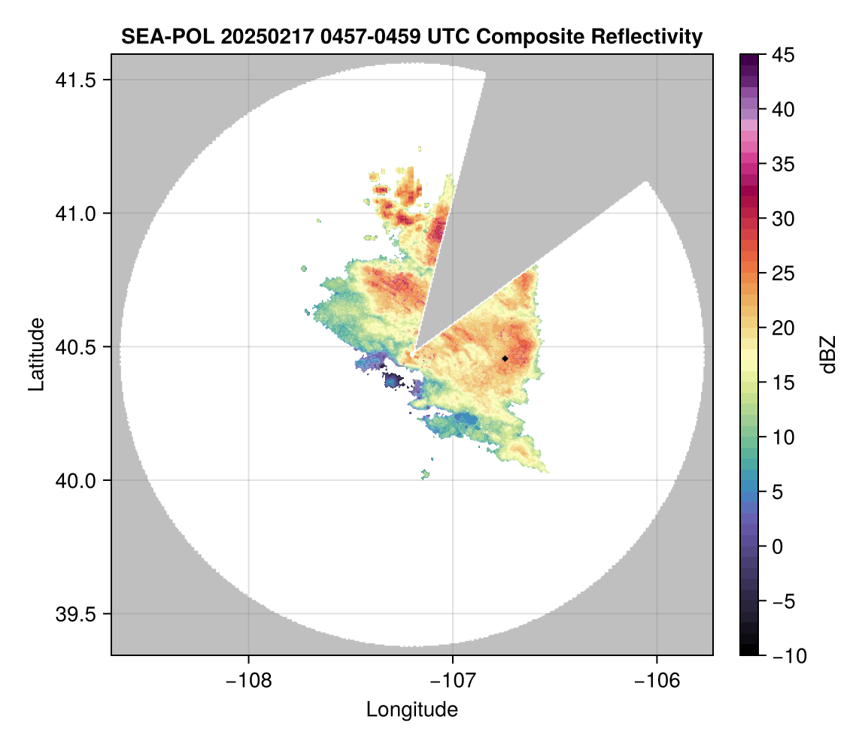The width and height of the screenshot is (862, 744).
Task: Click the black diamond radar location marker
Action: coord(505,358)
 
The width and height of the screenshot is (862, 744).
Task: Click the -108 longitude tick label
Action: coord(247,681)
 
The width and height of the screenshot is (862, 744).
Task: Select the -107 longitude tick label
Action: coord(453,681)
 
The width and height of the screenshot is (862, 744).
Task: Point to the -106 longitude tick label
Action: coord(657,681)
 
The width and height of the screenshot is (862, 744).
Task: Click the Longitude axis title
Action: coord(412,709)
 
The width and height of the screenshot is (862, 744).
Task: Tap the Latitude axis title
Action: coord(36,354)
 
